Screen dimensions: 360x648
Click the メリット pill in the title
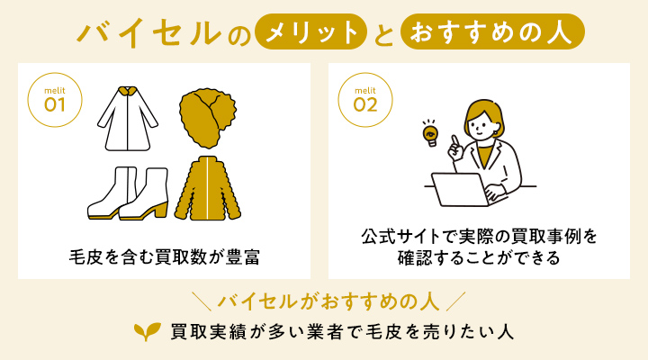pos(311,32)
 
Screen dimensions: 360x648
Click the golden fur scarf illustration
pos(208,119)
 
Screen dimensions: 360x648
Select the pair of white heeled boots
pos(127,193)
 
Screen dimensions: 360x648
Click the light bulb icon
pos(430,133)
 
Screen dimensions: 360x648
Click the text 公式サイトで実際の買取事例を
pos(481,238)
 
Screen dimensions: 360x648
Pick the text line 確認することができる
pos(481,258)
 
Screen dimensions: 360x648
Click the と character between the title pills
pos(384,33)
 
